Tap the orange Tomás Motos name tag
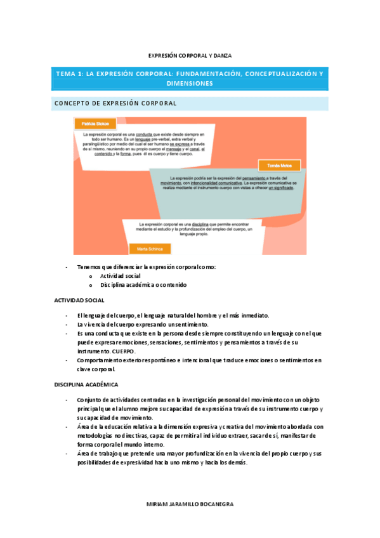pyautogui.click(x=279, y=165)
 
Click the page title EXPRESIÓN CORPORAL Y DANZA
pyautogui.click(x=190, y=56)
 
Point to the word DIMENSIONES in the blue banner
pyautogui.click(x=190, y=83)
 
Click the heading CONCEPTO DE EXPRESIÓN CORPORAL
pyautogui.click(x=115, y=103)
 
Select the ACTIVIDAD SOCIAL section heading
pyautogui.click(x=79, y=300)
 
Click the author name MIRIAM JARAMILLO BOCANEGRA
pyautogui.click(x=190, y=504)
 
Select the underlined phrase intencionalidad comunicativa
pyautogui.click(x=235, y=183)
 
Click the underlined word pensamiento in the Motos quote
pyautogui.click(x=260, y=178)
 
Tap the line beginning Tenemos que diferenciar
pyautogui.click(x=146, y=267)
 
